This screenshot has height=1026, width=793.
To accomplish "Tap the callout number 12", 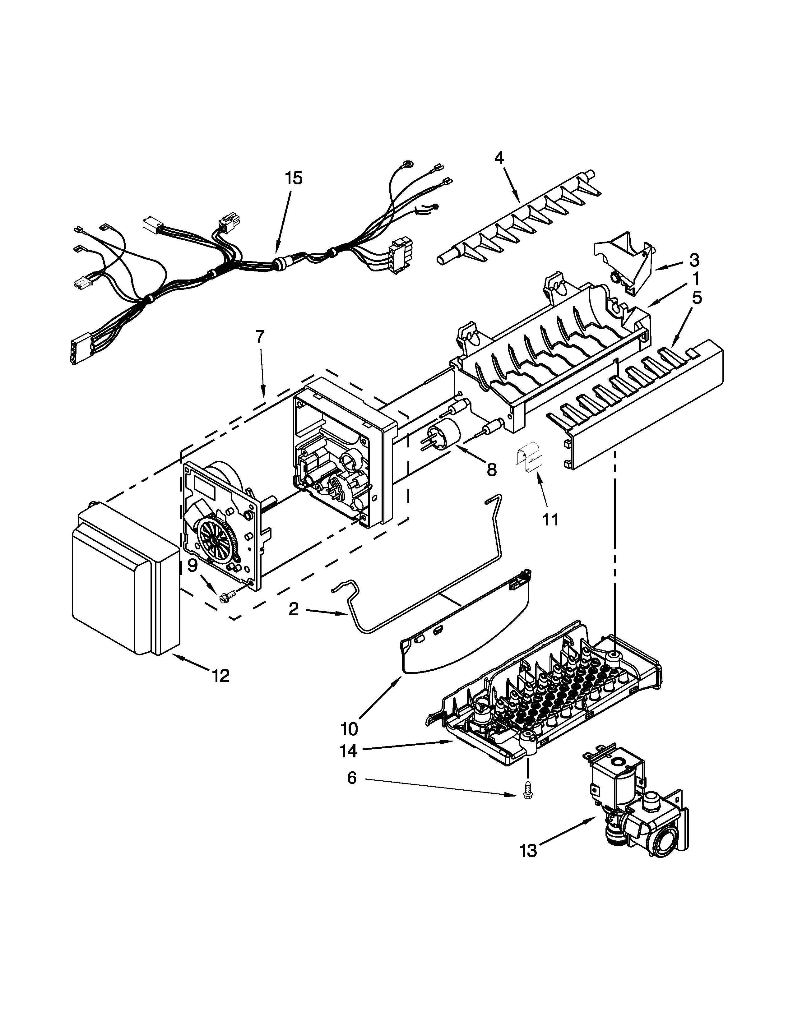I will [220, 676].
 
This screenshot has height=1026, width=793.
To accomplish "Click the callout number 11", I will [550, 520].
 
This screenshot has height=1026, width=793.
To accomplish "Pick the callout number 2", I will [294, 609].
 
